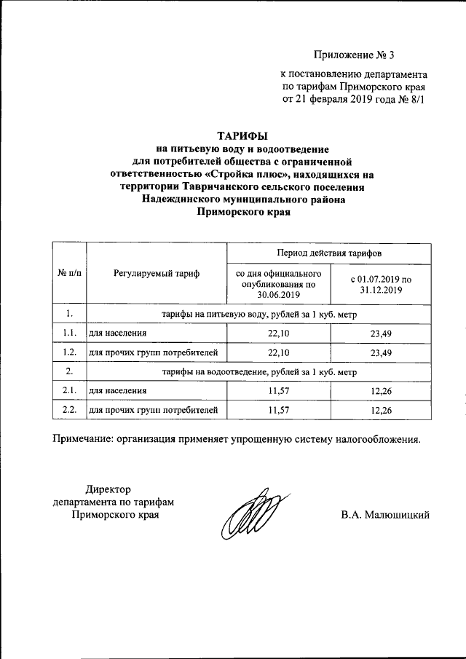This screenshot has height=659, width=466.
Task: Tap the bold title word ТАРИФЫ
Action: point(243,135)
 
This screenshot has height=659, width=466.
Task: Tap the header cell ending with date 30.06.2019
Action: point(277,284)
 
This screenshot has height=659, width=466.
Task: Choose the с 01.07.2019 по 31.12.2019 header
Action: point(380,284)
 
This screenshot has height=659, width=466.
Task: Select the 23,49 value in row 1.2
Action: point(381,352)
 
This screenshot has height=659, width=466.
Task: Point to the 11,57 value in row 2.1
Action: point(279,392)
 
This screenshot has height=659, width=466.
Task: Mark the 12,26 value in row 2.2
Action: point(381,411)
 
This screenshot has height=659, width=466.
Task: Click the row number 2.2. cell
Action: point(69,411)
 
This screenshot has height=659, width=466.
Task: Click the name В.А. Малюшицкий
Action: point(385,516)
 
